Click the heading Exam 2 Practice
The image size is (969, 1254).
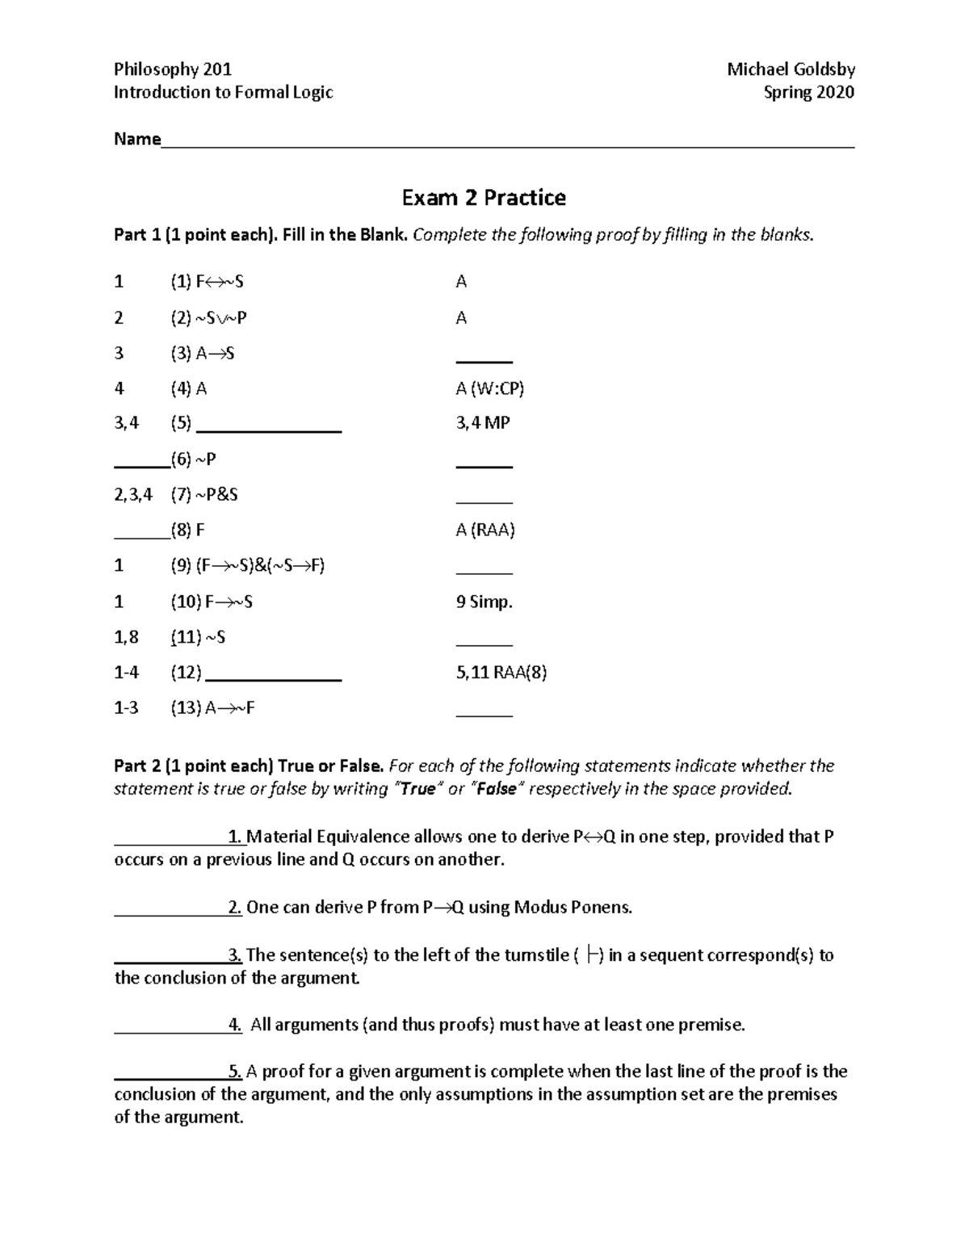click(484, 198)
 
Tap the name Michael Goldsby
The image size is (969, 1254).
click(791, 69)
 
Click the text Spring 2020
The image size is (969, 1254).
click(808, 92)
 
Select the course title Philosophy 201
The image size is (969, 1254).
click(173, 69)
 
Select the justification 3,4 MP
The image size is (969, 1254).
click(482, 423)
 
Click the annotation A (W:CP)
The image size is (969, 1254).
click(489, 388)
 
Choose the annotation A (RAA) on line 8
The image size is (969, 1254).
click(484, 530)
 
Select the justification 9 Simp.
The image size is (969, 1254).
click(484, 602)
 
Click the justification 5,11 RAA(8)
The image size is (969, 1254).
click(501, 672)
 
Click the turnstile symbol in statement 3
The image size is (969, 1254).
click(594, 955)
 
